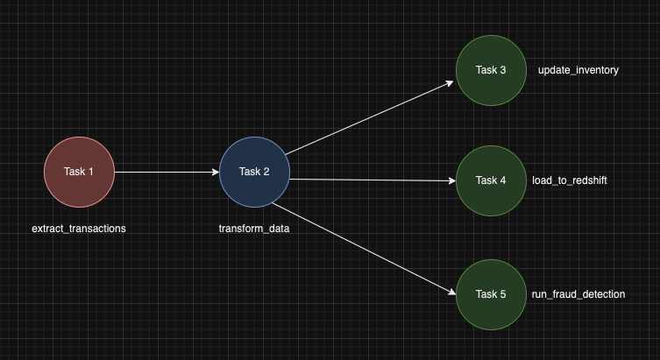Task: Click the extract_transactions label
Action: pos(79,229)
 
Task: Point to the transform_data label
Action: pos(254,229)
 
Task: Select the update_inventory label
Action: pos(578,70)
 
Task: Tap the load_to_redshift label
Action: pos(570,180)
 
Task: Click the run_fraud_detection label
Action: pos(578,294)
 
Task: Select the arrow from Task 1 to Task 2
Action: pos(167,172)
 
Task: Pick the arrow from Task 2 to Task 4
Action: pos(373,180)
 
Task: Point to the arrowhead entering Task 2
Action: pos(215,172)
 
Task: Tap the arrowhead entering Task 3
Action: pos(450,82)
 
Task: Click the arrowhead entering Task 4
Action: pos(451,181)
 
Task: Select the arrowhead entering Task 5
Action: pos(451,293)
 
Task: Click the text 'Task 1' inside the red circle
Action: pos(79,172)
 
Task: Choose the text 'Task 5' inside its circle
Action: pos(491,294)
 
